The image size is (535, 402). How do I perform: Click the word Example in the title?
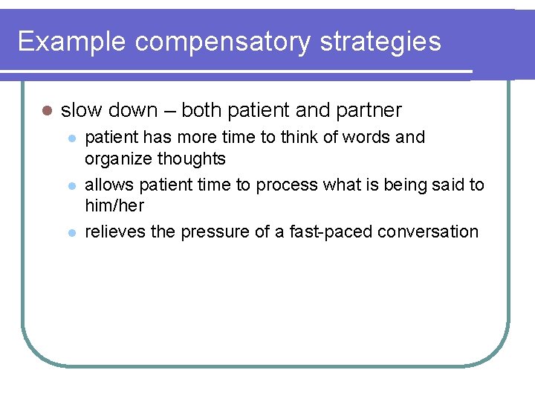pos(72,42)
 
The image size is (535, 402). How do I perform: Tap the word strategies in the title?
pos(380,42)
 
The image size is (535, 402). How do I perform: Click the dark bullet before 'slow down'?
pos(46,111)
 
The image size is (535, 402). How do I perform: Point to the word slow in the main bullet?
pos(81,111)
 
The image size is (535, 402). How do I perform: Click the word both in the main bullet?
pos(201,111)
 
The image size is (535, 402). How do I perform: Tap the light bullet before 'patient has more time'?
pos(71,138)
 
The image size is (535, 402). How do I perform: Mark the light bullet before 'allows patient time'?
pos(71,186)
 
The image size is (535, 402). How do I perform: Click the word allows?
pos(108,185)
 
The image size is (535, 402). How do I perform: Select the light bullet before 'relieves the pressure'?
pos(71,233)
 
